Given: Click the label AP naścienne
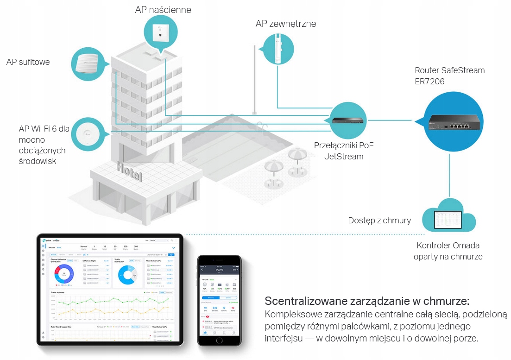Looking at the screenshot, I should [163, 10].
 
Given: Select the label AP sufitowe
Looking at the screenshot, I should [28, 62].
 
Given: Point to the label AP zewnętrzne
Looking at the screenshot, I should [286, 24].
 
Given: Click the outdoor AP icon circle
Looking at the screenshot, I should [278, 49].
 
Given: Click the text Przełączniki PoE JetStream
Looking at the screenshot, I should [344, 151].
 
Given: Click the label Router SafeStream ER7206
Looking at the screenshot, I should [449, 76].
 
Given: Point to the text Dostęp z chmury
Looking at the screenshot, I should [379, 220].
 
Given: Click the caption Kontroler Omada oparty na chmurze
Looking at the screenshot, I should [448, 251].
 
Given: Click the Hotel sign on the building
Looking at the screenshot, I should [130, 172].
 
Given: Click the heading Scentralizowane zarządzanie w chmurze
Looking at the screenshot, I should [367, 301].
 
